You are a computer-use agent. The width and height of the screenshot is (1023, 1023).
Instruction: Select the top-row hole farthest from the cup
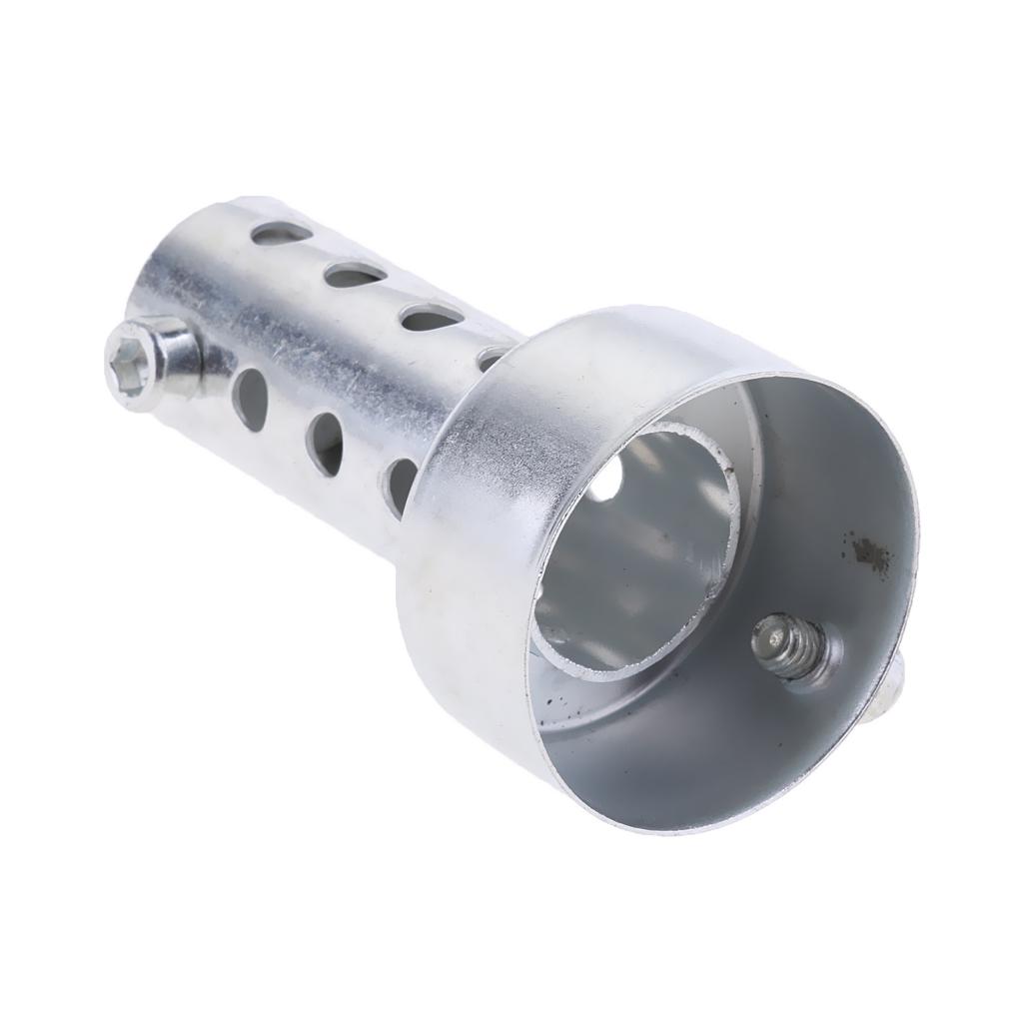coord(276,235)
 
